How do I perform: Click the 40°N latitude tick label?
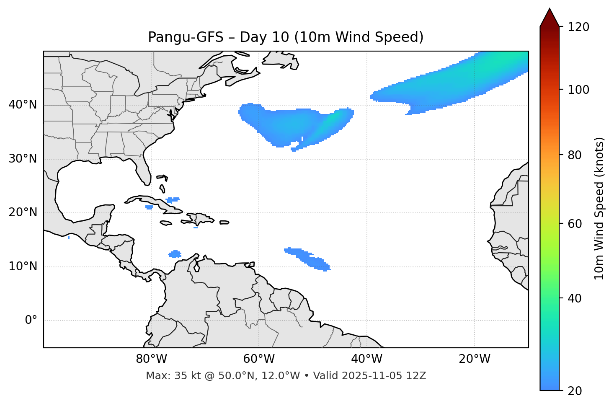click(x=23, y=105)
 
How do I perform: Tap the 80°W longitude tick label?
click(x=151, y=359)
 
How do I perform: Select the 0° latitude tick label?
click(x=31, y=321)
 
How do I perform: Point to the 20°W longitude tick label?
click(x=475, y=359)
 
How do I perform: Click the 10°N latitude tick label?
click(x=23, y=266)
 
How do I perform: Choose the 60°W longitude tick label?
click(x=258, y=359)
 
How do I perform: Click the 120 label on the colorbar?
click(x=578, y=27)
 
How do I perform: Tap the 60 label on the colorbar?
click(x=575, y=224)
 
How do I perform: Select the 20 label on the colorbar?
click(x=575, y=391)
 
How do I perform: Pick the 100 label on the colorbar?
click(x=578, y=90)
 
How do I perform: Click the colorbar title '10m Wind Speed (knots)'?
click(x=599, y=208)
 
